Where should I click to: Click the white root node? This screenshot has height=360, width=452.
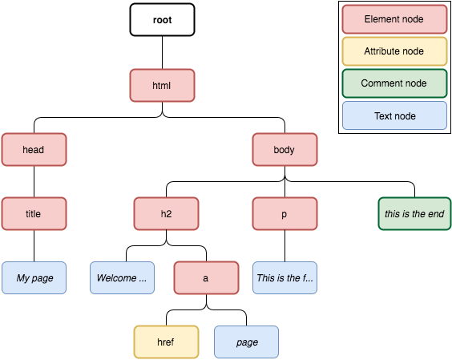(x=163, y=20)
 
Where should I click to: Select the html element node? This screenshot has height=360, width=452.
(x=163, y=85)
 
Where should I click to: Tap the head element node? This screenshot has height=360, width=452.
(x=34, y=149)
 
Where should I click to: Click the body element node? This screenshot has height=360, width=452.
(x=285, y=149)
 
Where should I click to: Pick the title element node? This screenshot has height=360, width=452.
(x=34, y=214)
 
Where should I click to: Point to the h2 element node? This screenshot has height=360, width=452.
(x=166, y=214)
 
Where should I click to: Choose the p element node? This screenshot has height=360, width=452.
(x=285, y=214)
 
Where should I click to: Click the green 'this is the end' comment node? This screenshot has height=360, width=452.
(x=414, y=214)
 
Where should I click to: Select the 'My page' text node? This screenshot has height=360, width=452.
(x=34, y=278)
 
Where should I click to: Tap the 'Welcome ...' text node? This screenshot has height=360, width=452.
(x=122, y=278)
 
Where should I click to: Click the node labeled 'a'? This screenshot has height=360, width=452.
(x=206, y=278)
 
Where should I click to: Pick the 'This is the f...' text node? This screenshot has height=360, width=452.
(x=285, y=278)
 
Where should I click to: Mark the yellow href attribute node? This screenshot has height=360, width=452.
(x=166, y=342)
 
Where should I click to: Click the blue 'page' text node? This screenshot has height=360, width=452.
(x=247, y=342)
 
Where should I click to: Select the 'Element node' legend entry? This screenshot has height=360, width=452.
(x=394, y=18)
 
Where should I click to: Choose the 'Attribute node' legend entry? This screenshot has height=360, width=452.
(x=394, y=51)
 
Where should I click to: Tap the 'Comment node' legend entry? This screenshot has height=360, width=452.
(x=394, y=83)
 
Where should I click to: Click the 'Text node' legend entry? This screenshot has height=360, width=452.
(x=394, y=116)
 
